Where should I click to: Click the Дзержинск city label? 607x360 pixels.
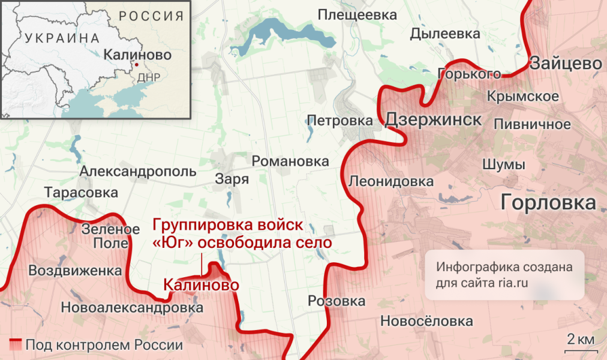[432, 119]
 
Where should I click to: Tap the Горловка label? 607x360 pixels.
[548, 202]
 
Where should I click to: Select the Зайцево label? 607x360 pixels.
[566, 63]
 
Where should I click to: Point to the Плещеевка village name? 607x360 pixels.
[357, 14]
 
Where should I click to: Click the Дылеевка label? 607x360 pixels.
[445, 34]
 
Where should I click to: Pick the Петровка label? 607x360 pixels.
[339, 120]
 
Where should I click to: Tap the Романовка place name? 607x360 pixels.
[290, 161]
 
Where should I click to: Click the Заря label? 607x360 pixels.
[232, 178]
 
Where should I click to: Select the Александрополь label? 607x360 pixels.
[138, 172]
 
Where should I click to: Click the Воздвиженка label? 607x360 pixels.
[76, 270]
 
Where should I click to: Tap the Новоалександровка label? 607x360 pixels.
[132, 308]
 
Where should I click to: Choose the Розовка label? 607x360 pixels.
[336, 301]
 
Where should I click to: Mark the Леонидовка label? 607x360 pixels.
[390, 181]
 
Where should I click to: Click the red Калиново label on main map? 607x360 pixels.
[200, 284]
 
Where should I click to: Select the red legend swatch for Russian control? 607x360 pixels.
[16, 344]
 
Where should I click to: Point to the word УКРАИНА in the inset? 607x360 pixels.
[62, 38]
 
